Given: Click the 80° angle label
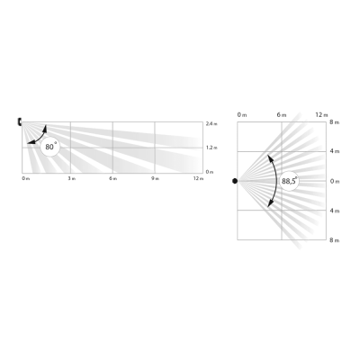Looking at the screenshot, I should click(x=50, y=146).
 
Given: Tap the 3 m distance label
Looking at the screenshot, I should click(x=70, y=179).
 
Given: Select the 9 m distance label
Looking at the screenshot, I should click(x=155, y=179).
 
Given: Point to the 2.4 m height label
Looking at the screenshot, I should click(x=211, y=122).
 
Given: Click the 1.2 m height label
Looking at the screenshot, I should click(x=211, y=147).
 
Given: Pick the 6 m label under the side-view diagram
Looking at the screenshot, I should click(x=112, y=179).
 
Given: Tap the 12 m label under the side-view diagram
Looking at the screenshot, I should click(x=197, y=179).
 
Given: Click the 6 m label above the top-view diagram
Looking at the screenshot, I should click(x=281, y=115).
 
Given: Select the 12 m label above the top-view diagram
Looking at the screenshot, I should click(x=322, y=115).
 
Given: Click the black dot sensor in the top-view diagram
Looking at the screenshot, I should click(x=236, y=181).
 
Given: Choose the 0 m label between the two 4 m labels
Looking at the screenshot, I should click(x=335, y=181).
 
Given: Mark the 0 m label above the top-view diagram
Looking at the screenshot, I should click(x=239, y=115).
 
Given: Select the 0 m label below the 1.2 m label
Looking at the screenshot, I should click(x=210, y=171).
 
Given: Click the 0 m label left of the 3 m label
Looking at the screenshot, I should click(x=25, y=179).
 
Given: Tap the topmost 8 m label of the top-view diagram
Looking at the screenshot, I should click(x=335, y=122).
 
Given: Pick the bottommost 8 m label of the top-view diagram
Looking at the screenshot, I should click(x=335, y=240).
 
